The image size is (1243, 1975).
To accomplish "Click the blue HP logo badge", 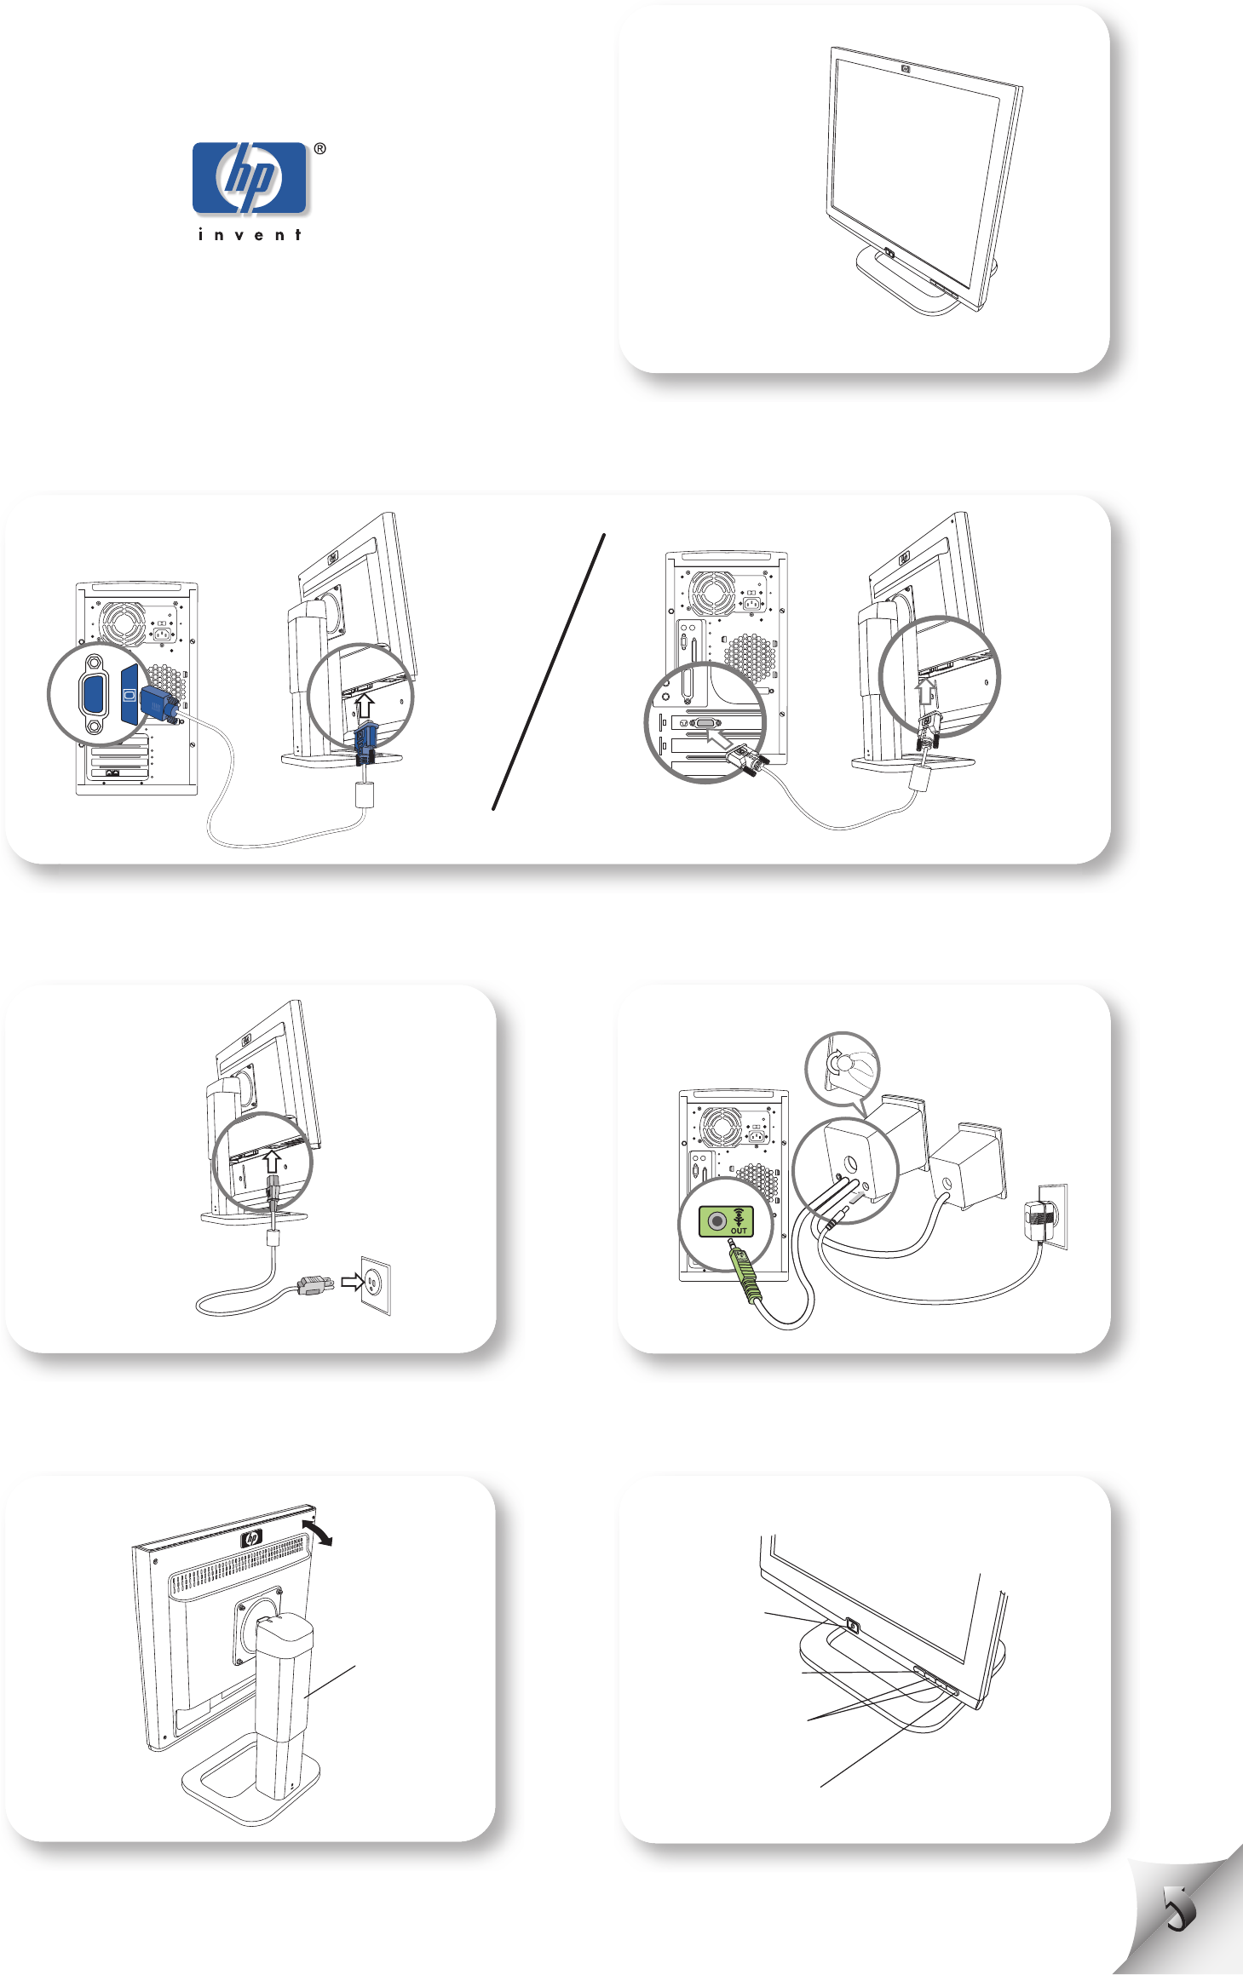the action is (x=249, y=178).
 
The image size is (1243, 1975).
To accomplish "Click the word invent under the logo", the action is (x=250, y=235).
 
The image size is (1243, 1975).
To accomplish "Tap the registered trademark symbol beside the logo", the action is (x=319, y=149).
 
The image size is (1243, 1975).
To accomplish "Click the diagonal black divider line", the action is (x=549, y=671).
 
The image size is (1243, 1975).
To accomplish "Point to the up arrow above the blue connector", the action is (x=365, y=706).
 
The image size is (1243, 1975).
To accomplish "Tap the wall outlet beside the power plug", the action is (x=376, y=1285).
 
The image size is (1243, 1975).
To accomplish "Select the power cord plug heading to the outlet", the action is (x=315, y=1285).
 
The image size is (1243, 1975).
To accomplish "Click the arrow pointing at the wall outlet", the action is (x=352, y=1282).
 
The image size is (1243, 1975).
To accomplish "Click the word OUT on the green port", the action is (x=739, y=1231).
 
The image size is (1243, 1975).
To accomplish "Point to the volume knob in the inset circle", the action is (x=840, y=1063).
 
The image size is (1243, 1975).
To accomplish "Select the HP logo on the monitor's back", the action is (x=252, y=1538).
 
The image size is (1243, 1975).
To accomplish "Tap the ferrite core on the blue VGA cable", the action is (x=364, y=795).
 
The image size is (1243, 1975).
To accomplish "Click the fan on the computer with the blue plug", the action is (x=124, y=624).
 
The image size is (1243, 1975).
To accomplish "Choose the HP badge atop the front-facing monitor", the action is (x=905, y=69).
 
